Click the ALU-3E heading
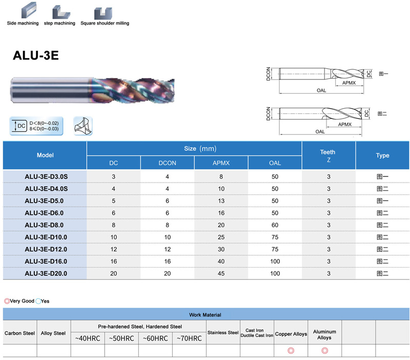(x=36, y=55)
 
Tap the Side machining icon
(x=29, y=10)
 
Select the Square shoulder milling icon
(x=103, y=13)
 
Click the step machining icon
(x=61, y=12)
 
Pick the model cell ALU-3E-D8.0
(x=44, y=225)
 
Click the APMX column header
(x=221, y=163)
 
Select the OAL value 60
(x=275, y=225)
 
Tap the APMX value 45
(x=221, y=273)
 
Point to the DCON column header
(x=168, y=163)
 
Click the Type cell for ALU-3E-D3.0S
(x=382, y=176)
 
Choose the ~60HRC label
(x=155, y=338)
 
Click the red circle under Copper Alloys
(x=291, y=351)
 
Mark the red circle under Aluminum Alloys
(x=325, y=351)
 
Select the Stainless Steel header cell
(x=223, y=332)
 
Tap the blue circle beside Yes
(x=38, y=301)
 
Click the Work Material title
(x=205, y=315)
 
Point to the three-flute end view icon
(x=83, y=126)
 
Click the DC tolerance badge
(x=36, y=126)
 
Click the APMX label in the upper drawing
(x=349, y=83)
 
